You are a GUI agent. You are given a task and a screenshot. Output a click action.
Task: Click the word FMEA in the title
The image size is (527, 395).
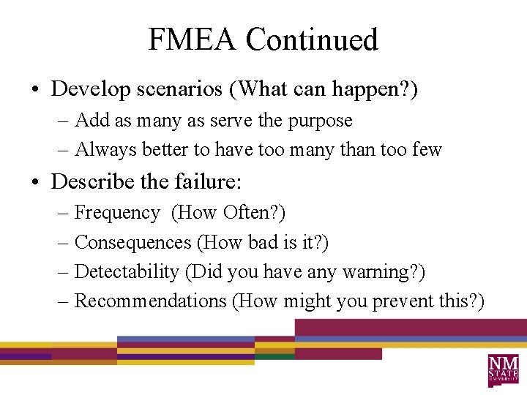pyautogui.click(x=193, y=39)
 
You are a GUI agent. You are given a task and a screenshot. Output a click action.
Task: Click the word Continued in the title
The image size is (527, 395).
pyautogui.click(x=312, y=39)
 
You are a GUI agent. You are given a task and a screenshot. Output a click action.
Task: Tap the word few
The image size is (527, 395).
pyautogui.click(x=427, y=150)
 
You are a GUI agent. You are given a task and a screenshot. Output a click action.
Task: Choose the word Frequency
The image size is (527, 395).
pyautogui.click(x=117, y=213)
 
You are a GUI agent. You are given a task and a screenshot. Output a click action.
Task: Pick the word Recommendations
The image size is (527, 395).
pyautogui.click(x=151, y=301)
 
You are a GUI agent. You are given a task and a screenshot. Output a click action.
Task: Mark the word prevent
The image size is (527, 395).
pyautogui.click(x=403, y=301)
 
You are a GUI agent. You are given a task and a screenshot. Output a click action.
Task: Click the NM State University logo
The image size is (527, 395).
pyautogui.click(x=504, y=369)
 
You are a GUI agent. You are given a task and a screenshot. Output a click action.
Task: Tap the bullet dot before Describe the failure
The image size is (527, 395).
pyautogui.click(x=35, y=181)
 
